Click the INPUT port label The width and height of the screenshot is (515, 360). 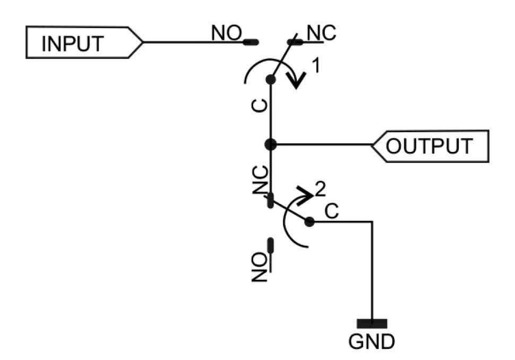(73, 42)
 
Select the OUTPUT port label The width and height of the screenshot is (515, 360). (428, 145)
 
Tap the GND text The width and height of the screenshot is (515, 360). (372, 341)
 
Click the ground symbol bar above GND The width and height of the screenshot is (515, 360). (372, 323)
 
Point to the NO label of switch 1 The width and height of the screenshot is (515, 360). (227, 33)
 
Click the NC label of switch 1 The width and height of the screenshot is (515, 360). (321, 33)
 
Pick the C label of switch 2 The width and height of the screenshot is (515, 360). (331, 211)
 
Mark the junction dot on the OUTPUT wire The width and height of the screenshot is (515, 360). (271, 144)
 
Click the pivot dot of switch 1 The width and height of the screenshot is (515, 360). (271, 80)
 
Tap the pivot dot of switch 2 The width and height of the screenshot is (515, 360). (310, 222)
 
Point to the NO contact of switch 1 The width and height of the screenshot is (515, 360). (251, 41)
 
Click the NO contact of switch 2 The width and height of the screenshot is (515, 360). (271, 245)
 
